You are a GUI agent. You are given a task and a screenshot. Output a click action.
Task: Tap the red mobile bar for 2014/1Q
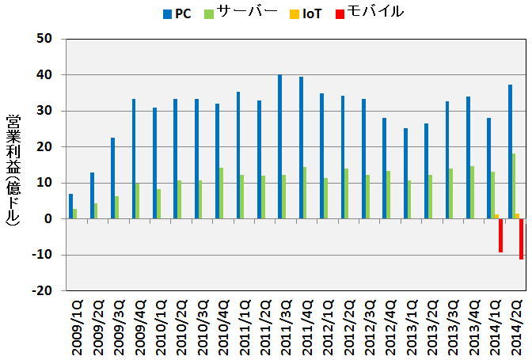click(x=501, y=235)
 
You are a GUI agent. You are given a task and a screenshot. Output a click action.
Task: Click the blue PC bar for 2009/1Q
click(x=71, y=206)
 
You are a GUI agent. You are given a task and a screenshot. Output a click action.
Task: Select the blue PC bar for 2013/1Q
click(x=406, y=173)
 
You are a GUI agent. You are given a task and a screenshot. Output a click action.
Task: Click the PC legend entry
click(x=177, y=13)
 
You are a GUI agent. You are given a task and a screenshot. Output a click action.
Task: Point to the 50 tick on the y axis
click(x=44, y=39)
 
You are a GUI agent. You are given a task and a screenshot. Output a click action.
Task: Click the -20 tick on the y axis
click(x=42, y=290)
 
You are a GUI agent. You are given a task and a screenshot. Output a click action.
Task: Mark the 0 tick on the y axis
click(x=49, y=218)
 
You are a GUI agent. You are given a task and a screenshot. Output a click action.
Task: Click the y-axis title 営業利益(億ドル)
click(x=13, y=169)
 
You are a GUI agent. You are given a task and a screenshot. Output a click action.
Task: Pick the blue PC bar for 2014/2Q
click(x=511, y=151)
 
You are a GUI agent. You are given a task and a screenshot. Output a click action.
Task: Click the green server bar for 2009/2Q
click(x=97, y=210)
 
